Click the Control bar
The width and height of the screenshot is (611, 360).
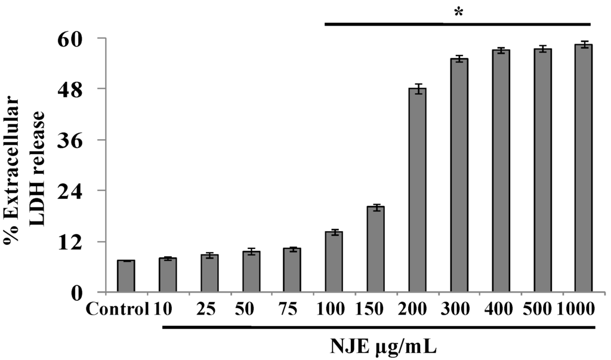pos(126,277)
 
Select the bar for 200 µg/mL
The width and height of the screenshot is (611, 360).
pos(417,191)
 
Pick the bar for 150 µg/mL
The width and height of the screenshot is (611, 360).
pos(375,250)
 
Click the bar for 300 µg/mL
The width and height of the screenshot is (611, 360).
pos(459,176)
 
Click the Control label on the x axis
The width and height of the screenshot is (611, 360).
pos(116,310)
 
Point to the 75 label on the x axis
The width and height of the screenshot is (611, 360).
pos(292,310)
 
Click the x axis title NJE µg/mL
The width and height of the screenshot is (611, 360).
pos(385,346)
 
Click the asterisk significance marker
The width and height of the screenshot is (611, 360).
pos(458,13)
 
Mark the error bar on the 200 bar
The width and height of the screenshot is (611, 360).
pos(417,88)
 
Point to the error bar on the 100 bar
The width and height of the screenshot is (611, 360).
pos(334,232)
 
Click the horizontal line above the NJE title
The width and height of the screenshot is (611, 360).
pos(379,327)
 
